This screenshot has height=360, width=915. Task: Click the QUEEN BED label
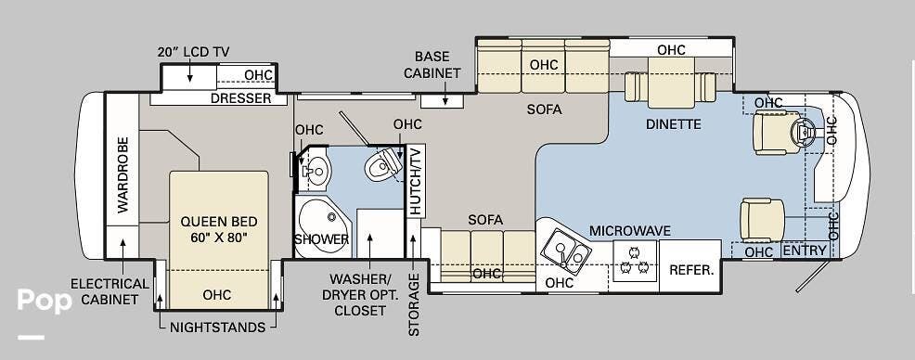[219, 230]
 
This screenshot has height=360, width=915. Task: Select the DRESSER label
[240, 98]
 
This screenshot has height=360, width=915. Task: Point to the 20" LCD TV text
[193, 52]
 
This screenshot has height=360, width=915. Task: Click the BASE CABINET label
[437, 64]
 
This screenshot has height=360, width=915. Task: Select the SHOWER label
[321, 239]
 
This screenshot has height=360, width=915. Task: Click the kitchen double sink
[565, 251]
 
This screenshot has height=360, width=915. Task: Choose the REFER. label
[692, 271]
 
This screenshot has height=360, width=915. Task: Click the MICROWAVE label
[629, 230]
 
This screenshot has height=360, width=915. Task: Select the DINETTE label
[675, 124]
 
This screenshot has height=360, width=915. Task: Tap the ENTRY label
[805, 251]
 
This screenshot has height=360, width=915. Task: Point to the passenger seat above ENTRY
[761, 220]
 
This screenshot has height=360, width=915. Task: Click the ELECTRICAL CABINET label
[110, 291]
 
